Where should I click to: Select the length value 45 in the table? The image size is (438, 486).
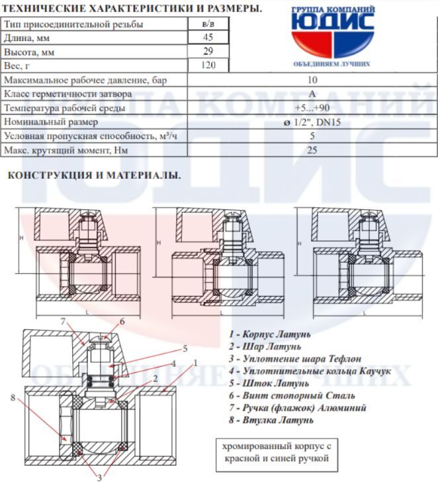207,38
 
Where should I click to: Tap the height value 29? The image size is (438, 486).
207,51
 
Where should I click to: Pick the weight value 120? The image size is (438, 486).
207,66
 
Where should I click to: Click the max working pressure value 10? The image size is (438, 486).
312,80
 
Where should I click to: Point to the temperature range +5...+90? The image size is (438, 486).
312,108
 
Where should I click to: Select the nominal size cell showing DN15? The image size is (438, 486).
312,122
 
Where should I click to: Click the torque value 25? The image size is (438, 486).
312,150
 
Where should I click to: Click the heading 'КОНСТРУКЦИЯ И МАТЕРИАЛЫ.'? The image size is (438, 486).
93,175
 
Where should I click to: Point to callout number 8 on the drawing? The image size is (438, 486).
13,397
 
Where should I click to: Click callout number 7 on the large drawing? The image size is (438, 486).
63,322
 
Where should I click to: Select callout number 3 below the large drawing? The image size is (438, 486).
99,476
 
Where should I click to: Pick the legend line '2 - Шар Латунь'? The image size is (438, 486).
265,346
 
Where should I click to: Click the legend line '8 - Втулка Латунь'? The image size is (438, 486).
271,420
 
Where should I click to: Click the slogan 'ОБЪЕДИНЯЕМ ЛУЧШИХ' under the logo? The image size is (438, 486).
331,64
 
